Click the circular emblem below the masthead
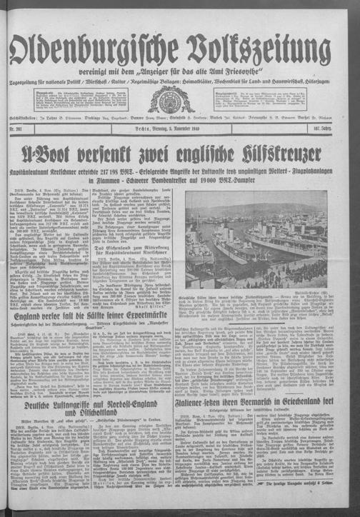pos(180,81)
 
